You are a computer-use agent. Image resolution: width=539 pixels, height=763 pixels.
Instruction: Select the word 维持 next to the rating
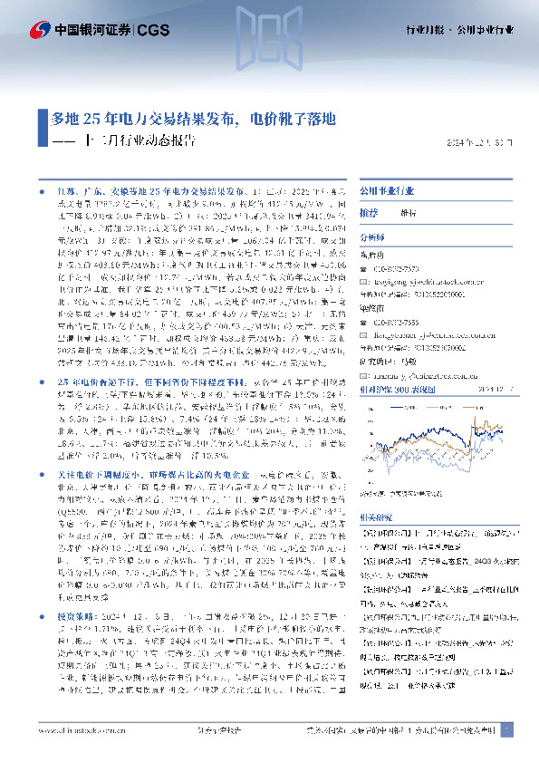coord(409,212)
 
